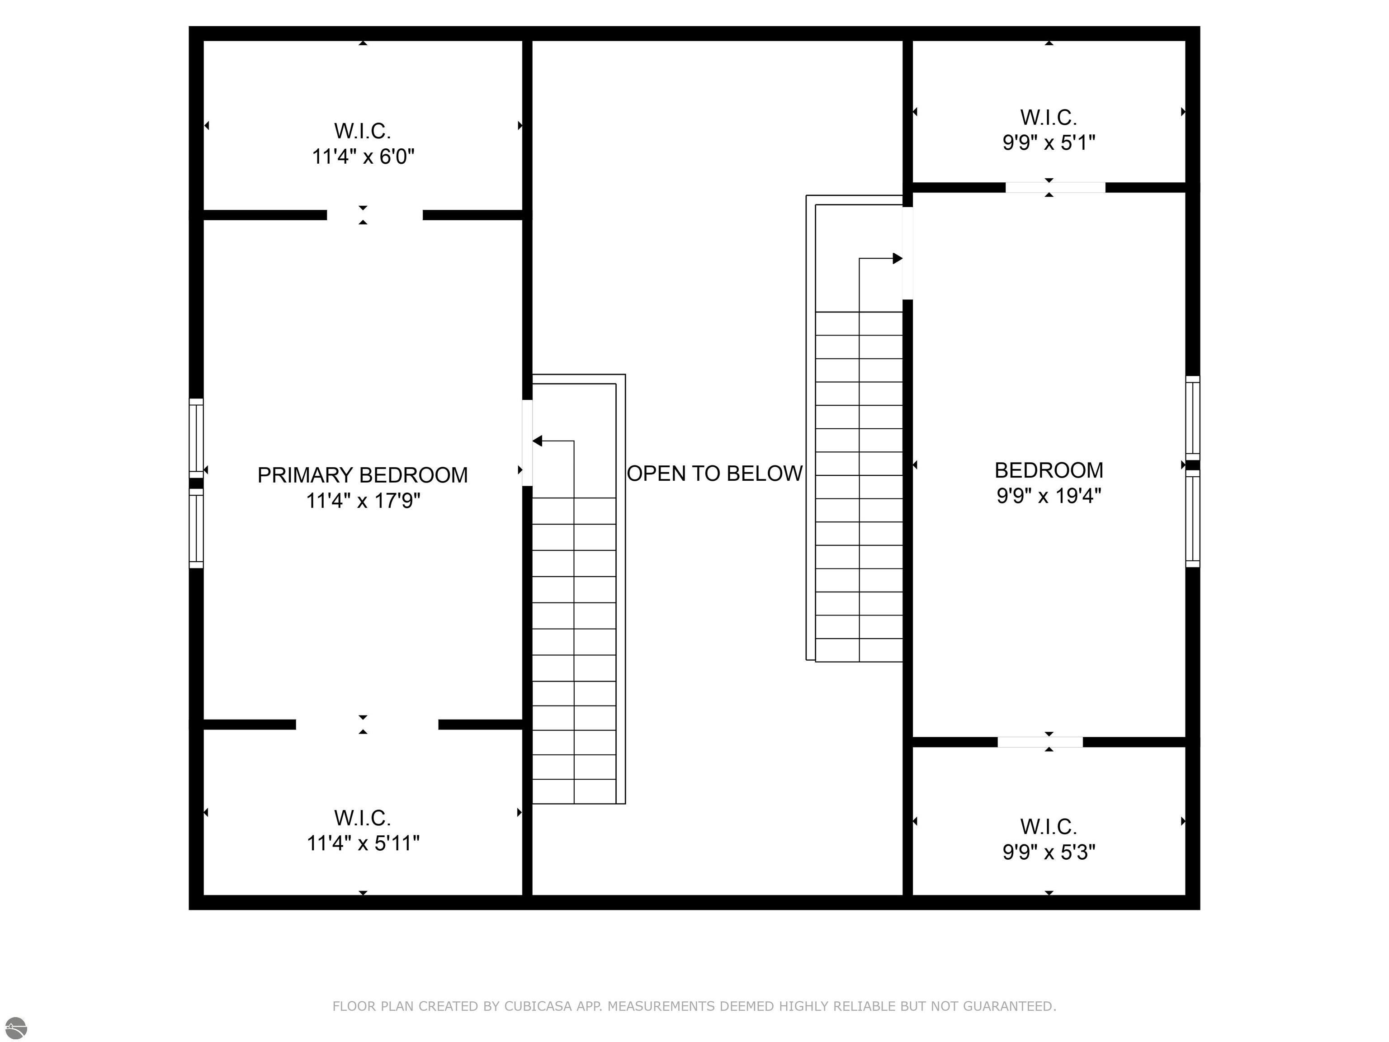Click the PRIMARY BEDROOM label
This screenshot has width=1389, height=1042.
(363, 475)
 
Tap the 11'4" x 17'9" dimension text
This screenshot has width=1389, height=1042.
(363, 501)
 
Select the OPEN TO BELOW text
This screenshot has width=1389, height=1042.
(714, 473)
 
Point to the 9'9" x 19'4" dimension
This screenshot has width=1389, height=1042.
(1049, 496)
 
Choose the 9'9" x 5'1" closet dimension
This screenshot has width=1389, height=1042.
(1049, 142)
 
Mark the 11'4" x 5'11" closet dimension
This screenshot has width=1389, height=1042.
(363, 843)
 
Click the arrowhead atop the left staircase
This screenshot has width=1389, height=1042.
(537, 441)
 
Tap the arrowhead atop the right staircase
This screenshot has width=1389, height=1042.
(898, 258)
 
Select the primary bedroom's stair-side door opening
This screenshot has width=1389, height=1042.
(528, 443)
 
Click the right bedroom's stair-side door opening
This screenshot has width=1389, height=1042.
(907, 253)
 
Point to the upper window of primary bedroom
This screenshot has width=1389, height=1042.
(197, 438)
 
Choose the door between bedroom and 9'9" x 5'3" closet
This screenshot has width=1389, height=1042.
(1040, 742)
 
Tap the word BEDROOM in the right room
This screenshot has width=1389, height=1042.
(1049, 470)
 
